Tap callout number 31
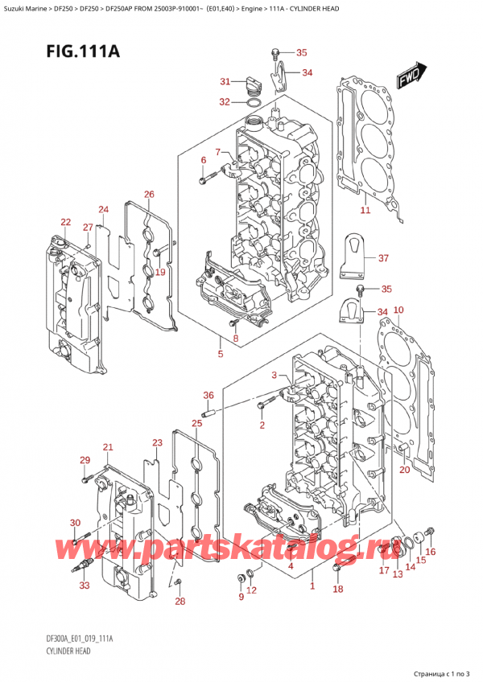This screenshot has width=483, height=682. tap(225, 81)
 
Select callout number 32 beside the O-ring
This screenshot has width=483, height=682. tap(225, 101)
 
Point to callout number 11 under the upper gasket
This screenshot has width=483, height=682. tap(365, 211)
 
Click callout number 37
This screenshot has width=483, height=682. tap(383, 258)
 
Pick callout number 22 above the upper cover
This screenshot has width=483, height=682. tap(65, 222)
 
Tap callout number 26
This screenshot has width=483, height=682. tap(149, 195)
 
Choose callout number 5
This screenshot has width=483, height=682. tap(221, 354)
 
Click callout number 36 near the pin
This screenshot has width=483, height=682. tap(208, 395)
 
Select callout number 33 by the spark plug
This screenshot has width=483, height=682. tap(85, 585)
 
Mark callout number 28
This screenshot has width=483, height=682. tap(180, 602)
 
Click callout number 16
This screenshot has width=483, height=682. tap(430, 552)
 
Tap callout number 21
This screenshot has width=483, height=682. tap(108, 447)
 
